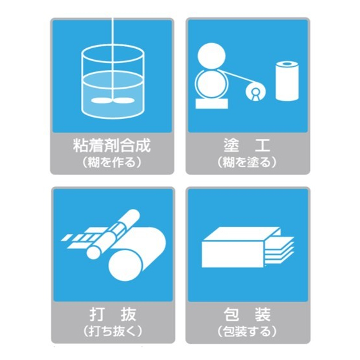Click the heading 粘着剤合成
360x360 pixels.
click(112, 145)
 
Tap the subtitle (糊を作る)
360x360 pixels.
click(112, 163)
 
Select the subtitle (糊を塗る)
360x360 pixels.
click(248, 163)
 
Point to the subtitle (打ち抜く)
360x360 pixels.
click(113, 332)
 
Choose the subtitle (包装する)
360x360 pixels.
click(248, 332)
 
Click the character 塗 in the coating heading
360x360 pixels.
click(231, 145)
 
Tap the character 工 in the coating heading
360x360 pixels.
click(262, 145)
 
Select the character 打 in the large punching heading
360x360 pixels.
click(97, 314)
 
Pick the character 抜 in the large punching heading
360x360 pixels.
click(129, 314)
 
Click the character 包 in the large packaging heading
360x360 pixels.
click(231, 314)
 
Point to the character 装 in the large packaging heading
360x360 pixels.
click(263, 314)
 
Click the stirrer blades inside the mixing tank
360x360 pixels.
click(113, 100)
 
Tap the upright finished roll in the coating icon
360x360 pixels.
click(287, 81)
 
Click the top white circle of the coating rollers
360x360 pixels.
click(212, 55)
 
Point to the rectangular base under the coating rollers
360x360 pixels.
click(212, 104)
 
